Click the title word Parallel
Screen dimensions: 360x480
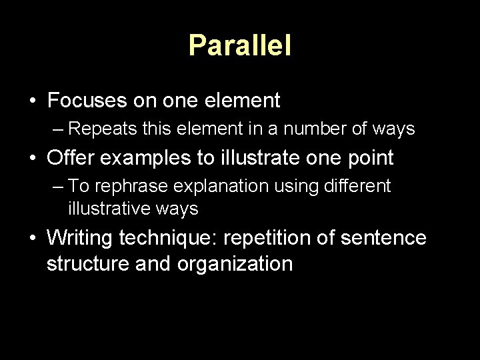tap(240, 45)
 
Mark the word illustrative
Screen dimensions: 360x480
tap(107, 209)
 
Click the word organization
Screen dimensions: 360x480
tap(235, 263)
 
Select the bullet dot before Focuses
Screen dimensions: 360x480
tap(32, 101)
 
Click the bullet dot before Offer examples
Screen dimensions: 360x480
tap(32, 159)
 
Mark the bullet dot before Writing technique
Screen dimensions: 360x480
tap(32, 238)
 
